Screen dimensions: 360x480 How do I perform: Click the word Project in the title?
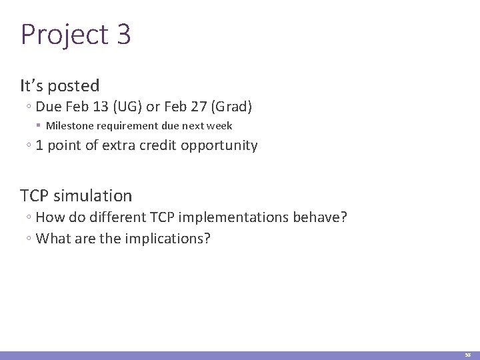click(x=64, y=35)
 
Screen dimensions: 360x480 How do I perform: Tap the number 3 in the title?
click(x=123, y=35)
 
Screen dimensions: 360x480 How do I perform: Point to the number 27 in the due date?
click(x=199, y=107)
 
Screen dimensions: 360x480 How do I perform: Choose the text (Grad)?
click(x=231, y=107)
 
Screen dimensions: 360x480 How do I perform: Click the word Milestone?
click(x=70, y=126)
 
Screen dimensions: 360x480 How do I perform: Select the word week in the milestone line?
click(x=219, y=126)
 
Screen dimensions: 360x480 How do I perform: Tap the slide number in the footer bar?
click(x=468, y=355)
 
